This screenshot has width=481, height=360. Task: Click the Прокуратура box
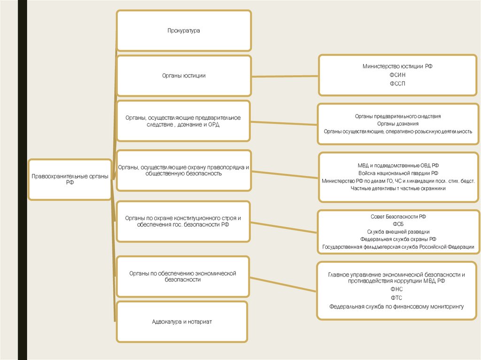(184, 31)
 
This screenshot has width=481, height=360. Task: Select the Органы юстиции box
(184, 76)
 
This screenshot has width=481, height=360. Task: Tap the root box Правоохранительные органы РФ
(70, 179)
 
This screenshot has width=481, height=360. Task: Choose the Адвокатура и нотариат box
(182, 322)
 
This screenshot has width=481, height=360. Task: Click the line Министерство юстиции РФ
(397, 67)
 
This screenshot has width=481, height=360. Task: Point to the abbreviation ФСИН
(397, 75)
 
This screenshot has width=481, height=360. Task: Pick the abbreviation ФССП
(397, 84)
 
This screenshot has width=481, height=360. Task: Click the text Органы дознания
(397, 123)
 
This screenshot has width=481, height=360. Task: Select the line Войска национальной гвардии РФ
(397, 173)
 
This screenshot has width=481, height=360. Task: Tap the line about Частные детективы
(397, 188)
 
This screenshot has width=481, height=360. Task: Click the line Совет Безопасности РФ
(398, 216)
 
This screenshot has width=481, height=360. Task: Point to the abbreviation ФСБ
(398, 224)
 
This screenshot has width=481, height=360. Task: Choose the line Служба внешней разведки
(398, 231)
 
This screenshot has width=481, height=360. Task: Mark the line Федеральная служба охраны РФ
(398, 239)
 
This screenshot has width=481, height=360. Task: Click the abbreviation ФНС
(396, 290)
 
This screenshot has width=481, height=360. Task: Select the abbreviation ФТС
(396, 298)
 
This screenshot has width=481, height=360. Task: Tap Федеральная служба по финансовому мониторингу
(396, 306)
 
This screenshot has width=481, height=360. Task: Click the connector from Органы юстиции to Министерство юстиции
(285, 76)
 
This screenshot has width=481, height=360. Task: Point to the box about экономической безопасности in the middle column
(182, 276)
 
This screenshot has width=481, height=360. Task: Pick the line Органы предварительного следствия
(397, 116)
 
